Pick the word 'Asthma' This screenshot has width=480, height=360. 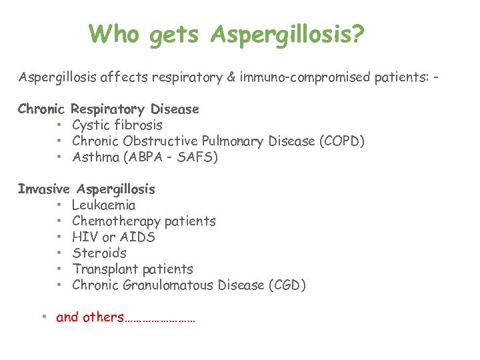click(93, 157)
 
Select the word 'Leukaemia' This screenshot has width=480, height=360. click(103, 205)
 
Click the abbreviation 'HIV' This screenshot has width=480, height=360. click(85, 237)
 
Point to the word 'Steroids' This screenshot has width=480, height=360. click(99, 253)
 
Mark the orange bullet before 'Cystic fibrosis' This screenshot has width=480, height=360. click(59, 125)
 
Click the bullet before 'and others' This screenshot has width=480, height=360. click(43, 317)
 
